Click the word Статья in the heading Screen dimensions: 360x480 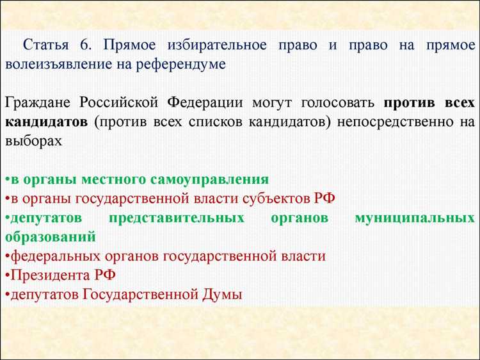47,45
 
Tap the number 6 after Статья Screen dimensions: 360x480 84,45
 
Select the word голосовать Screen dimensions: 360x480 337,103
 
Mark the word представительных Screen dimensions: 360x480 176,218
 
